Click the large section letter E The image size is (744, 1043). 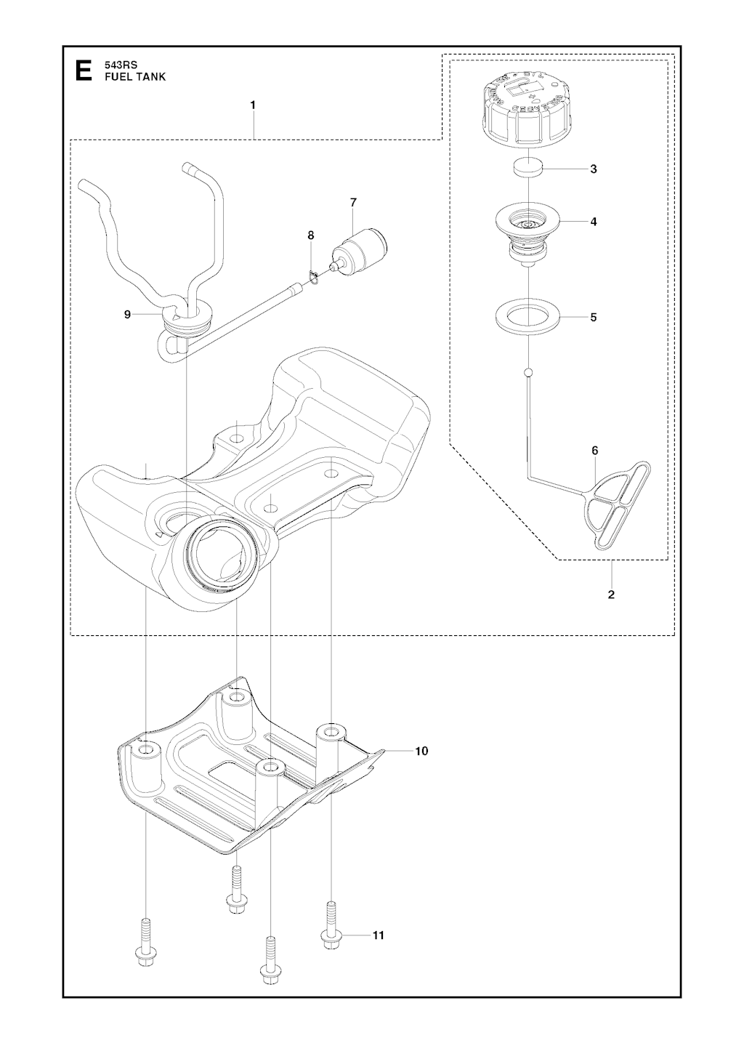(x=84, y=71)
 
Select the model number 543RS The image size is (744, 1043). (x=120, y=65)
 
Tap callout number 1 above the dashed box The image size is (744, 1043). (x=253, y=105)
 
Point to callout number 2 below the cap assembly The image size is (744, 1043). (x=611, y=594)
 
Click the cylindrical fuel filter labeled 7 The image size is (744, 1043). (x=360, y=247)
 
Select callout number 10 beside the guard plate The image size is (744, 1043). (x=421, y=751)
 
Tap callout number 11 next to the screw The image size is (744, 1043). (x=378, y=935)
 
